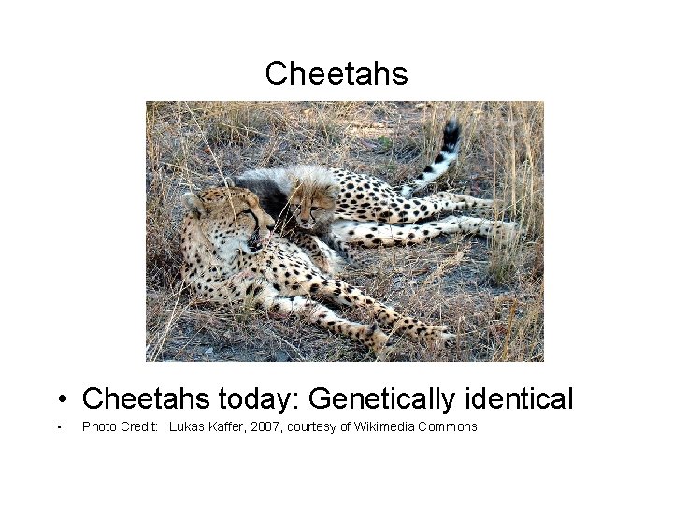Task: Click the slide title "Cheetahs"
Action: [x=336, y=73]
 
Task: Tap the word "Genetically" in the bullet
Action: [x=385, y=399]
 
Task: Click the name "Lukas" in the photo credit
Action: [x=186, y=426]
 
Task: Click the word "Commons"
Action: [x=446, y=426]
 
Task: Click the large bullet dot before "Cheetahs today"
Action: [x=60, y=401]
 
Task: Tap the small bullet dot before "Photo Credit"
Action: [x=58, y=427]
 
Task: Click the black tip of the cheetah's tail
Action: [x=451, y=132]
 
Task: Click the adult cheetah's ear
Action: [x=193, y=201]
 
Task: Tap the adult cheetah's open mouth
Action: [x=254, y=241]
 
